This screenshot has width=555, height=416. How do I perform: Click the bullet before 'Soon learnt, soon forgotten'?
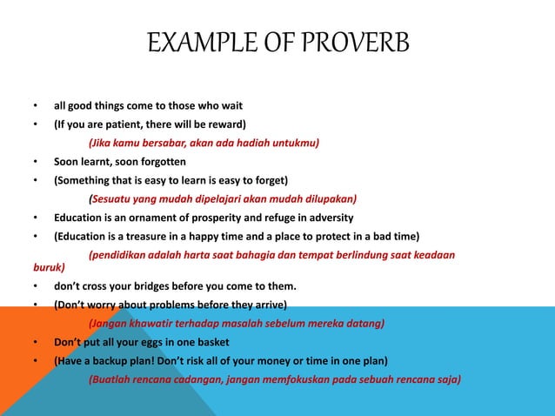click(x=35, y=162)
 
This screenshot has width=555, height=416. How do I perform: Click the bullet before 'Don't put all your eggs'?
click(x=35, y=342)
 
